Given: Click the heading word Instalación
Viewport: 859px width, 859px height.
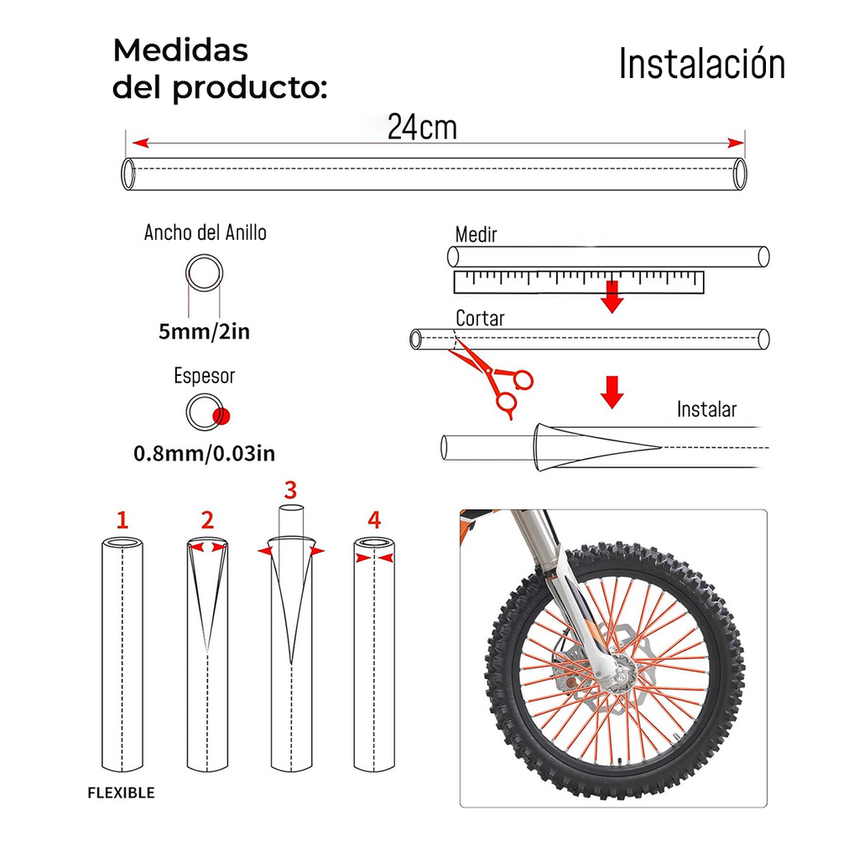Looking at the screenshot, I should (701, 65).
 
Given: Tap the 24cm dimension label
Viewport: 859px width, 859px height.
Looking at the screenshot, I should (422, 127).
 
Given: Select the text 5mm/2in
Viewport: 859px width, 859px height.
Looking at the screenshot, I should (204, 331).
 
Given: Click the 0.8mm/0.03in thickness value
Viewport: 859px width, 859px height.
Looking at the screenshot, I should (204, 454).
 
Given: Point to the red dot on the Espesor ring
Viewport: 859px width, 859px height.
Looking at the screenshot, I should (221, 416).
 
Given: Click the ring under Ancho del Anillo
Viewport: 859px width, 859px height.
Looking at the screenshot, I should (204, 273).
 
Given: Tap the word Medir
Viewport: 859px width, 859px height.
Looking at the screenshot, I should (476, 234).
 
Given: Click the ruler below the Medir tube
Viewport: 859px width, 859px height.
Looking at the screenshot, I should (578, 282).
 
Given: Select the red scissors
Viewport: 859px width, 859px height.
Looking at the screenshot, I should (493, 378).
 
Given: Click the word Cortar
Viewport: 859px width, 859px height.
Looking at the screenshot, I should (480, 318).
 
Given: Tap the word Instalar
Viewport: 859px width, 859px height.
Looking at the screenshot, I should (706, 409).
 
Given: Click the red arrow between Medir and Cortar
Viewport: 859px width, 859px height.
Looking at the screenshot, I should (613, 296).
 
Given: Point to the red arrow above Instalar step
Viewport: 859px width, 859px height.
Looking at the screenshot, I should (613, 391).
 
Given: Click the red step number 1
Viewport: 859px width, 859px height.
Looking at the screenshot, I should (122, 520).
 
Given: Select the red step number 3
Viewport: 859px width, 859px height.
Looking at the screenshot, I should (290, 490).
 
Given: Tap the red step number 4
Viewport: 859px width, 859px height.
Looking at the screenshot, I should (374, 520).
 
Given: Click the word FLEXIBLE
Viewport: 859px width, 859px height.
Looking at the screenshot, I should (122, 793).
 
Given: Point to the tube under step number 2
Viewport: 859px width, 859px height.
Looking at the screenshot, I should (206, 671).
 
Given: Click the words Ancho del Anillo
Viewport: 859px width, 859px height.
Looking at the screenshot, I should (205, 232).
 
